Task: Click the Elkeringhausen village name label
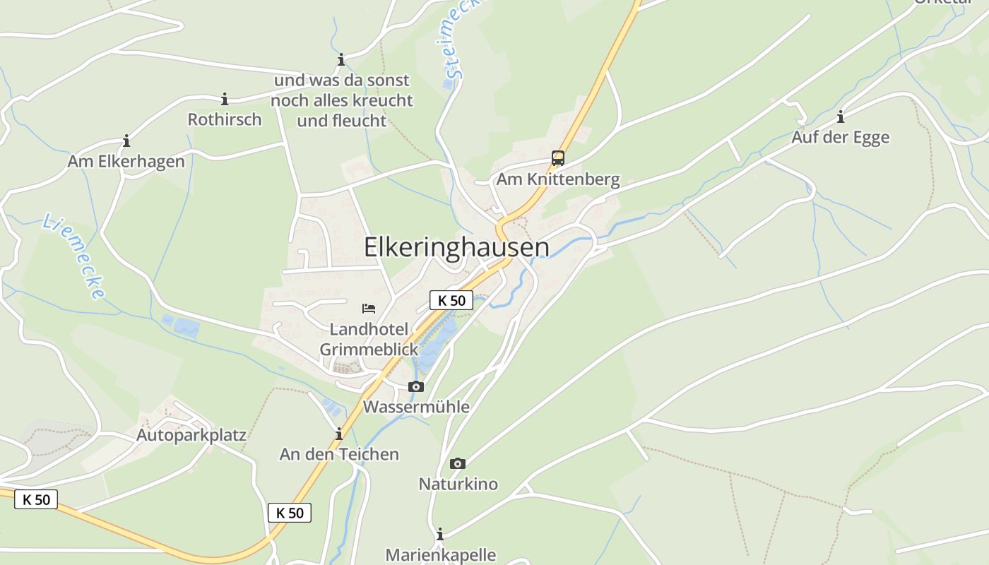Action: point(456,247)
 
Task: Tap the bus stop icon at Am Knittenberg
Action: point(558,157)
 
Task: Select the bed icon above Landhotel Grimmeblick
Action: point(369,308)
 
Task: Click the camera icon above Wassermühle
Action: point(416,386)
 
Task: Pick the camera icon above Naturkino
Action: point(458,463)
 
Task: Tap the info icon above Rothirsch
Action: point(225,99)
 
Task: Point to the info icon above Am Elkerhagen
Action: point(126,141)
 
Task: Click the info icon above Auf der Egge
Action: point(841,117)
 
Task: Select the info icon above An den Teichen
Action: point(339,434)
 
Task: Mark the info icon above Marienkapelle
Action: point(440,534)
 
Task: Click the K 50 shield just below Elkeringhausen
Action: point(451,300)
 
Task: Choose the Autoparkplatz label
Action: point(191,434)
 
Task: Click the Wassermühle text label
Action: point(416,407)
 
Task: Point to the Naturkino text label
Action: point(458,484)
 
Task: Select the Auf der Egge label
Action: point(840,137)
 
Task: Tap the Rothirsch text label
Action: point(225,119)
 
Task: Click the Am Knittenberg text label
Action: point(558,179)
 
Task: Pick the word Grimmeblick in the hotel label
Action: point(369,350)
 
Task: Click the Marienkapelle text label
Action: point(440,555)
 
